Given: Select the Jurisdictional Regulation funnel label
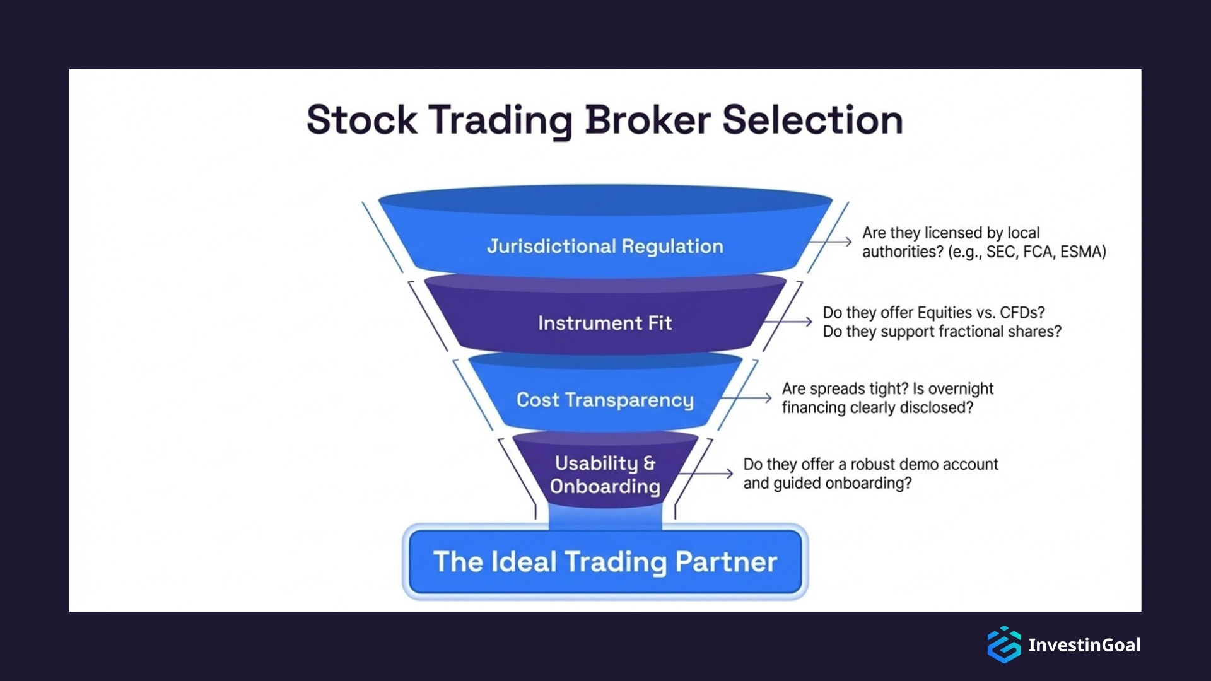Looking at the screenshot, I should [x=605, y=246].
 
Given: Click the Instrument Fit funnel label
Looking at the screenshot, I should [x=605, y=323].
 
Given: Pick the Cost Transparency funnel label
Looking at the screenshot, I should [x=605, y=400].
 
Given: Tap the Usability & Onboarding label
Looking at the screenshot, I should [x=605, y=474].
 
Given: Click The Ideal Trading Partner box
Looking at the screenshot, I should [x=605, y=561].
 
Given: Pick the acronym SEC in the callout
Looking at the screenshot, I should [x=1001, y=252].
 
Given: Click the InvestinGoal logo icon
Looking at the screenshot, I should [x=1004, y=644].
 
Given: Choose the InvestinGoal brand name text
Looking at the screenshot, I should [x=1084, y=645].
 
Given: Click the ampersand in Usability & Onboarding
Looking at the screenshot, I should [x=649, y=463].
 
